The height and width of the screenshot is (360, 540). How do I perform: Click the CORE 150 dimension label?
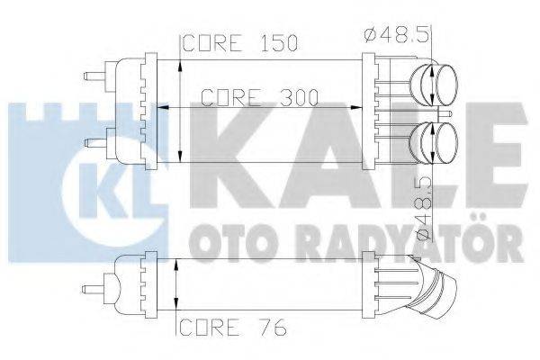coord(240,43)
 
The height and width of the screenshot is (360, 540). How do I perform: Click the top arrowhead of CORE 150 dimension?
coord(183,59)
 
